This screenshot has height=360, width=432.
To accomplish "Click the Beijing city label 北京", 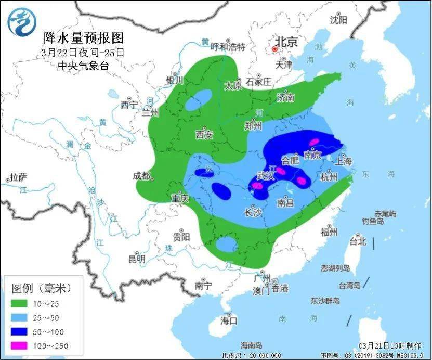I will click(x=285, y=42).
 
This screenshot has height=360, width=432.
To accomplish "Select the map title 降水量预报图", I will click(x=84, y=37).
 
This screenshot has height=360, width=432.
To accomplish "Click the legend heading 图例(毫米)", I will click(x=41, y=287).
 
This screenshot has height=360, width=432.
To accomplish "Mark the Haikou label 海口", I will click(x=229, y=319).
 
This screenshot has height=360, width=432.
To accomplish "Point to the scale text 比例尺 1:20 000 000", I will click(x=252, y=355).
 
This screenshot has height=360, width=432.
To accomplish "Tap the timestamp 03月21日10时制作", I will click(x=391, y=346).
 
